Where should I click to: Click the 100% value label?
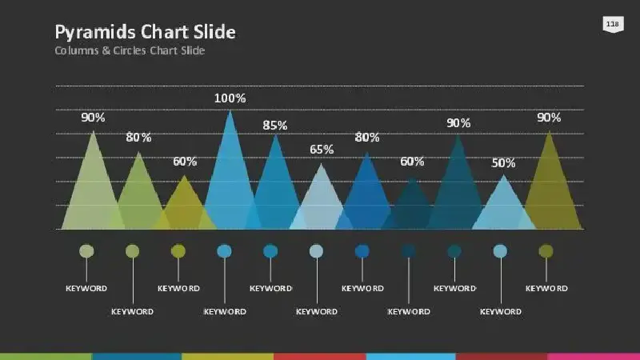tap(230, 98)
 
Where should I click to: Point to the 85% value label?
tap(275, 126)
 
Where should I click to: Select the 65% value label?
tap(322, 150)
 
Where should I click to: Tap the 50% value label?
tap(503, 163)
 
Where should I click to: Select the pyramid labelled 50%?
tap(504, 206)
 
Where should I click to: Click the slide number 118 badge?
tap(613, 24)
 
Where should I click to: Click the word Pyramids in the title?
tap(94, 32)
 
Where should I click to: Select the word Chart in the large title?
tap(164, 31)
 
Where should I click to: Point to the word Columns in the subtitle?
tap(77, 50)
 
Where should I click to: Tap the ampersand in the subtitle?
tap(106, 50)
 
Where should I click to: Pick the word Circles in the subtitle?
tap(130, 50)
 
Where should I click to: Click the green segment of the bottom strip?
tap(46, 357)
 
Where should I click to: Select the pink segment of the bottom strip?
tap(594, 357)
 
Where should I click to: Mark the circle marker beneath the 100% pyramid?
tap(224, 251)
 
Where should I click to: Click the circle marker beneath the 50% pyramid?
tap(501, 251)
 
